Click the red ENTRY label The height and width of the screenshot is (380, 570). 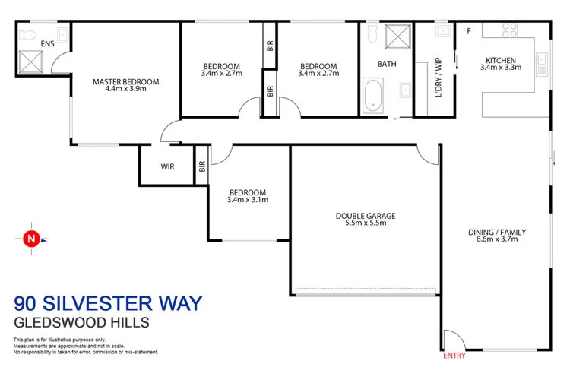(x=453, y=355)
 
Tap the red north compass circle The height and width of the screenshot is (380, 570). (x=31, y=239)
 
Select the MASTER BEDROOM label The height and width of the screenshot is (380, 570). (x=125, y=81)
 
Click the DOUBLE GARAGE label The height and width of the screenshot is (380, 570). (x=366, y=215)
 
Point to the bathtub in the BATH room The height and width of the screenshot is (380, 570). (x=372, y=97)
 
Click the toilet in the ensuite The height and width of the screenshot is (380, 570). (x=28, y=34)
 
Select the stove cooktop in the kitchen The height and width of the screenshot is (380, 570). (x=508, y=30)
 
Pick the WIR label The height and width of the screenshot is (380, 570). (x=168, y=167)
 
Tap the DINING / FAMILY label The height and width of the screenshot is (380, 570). (x=496, y=232)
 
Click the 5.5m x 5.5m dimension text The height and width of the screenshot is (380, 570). (x=366, y=223)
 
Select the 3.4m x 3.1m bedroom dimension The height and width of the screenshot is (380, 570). (x=248, y=200)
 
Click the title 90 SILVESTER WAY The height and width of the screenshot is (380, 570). (x=108, y=304)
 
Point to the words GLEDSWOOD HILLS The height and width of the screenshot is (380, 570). (x=81, y=322)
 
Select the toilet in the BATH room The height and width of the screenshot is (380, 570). (x=372, y=33)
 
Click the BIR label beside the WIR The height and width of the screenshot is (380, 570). (x=202, y=166)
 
